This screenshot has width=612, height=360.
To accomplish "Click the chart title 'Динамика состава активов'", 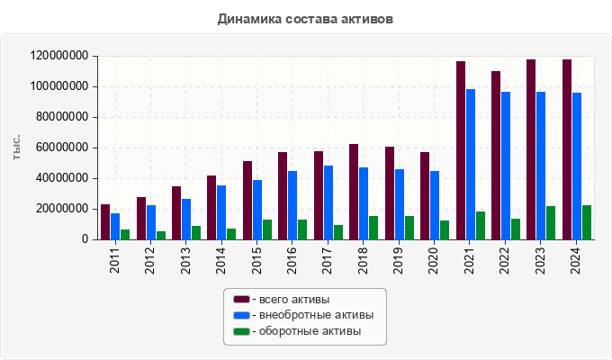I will (x=305, y=19).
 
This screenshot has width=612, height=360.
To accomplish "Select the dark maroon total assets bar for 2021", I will (x=461, y=150).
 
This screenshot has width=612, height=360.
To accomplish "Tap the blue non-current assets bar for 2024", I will (x=577, y=166).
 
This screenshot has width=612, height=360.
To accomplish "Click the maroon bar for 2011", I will (x=105, y=221).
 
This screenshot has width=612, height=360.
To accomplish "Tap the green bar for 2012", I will (x=160, y=235).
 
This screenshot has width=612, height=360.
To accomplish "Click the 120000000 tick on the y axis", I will (x=59, y=56).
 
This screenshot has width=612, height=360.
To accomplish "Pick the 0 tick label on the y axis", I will (x=84, y=239).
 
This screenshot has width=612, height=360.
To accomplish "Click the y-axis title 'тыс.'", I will (x=17, y=148).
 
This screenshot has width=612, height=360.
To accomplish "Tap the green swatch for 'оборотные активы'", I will (x=241, y=331).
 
